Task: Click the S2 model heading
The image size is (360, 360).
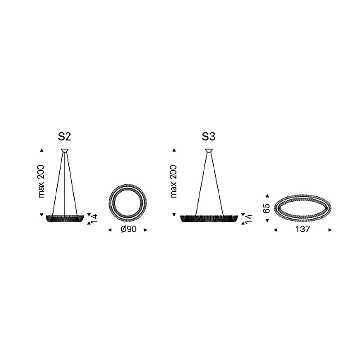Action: click(64, 137)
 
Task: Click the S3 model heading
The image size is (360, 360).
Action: click(208, 137)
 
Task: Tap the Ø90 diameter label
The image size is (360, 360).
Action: click(129, 229)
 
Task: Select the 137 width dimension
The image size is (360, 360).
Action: click(303, 229)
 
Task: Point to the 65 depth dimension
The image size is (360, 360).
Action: click(267, 208)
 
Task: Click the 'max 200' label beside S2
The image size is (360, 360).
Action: click(41, 181)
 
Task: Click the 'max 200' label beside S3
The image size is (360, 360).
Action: click(174, 181)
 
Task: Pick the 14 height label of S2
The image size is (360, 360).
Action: click(94, 218)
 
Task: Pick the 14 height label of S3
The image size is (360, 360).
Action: click(249, 218)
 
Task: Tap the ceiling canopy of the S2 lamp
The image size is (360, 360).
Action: click(65, 150)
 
